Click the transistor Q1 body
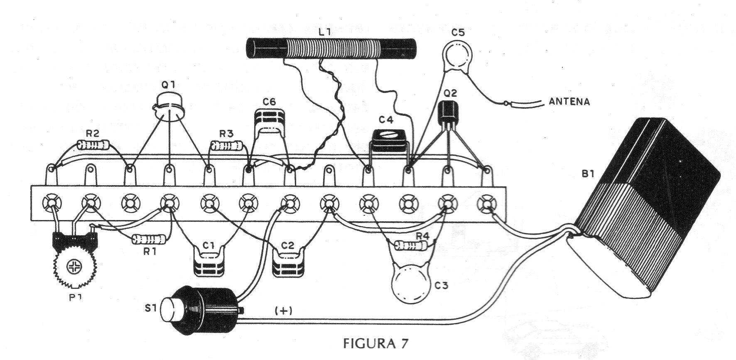click(169, 107)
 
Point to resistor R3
click(227, 145)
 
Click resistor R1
click(149, 239)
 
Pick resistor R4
click(410, 245)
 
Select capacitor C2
click(288, 262)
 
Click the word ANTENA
click(569, 101)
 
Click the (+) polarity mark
click(283, 311)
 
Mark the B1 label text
click(587, 175)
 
